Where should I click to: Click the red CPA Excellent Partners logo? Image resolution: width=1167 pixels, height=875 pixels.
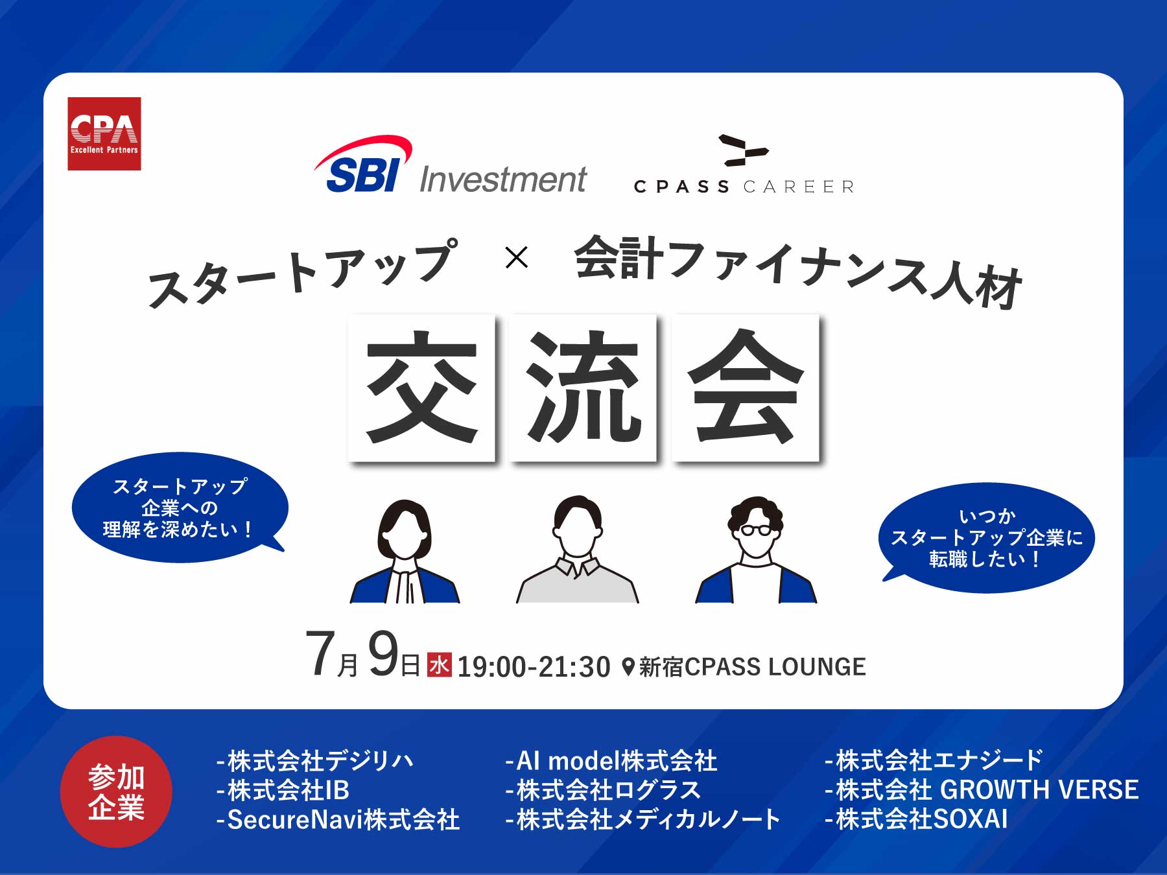click(x=104, y=134)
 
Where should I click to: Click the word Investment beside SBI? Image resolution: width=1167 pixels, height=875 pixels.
click(x=503, y=180)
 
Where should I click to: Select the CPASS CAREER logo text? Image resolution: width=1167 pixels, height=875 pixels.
click(x=744, y=187)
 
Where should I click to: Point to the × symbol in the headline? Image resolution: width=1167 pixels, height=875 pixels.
click(x=516, y=257)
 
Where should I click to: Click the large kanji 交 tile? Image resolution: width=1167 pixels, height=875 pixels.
click(x=421, y=388)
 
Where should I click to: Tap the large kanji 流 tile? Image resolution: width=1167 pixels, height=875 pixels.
click(x=583, y=388)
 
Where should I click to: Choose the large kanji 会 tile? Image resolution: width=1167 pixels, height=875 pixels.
click(x=746, y=388)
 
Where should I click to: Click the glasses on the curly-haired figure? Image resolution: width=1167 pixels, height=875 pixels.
click(x=756, y=530)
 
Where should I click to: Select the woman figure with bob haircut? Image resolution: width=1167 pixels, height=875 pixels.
click(x=405, y=552)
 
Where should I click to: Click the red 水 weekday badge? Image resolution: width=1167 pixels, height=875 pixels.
click(x=439, y=664)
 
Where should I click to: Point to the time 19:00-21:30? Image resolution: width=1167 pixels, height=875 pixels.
click(x=534, y=667)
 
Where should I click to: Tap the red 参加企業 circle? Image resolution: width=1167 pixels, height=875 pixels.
click(x=116, y=791)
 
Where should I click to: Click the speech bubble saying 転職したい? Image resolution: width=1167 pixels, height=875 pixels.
click(x=987, y=537)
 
